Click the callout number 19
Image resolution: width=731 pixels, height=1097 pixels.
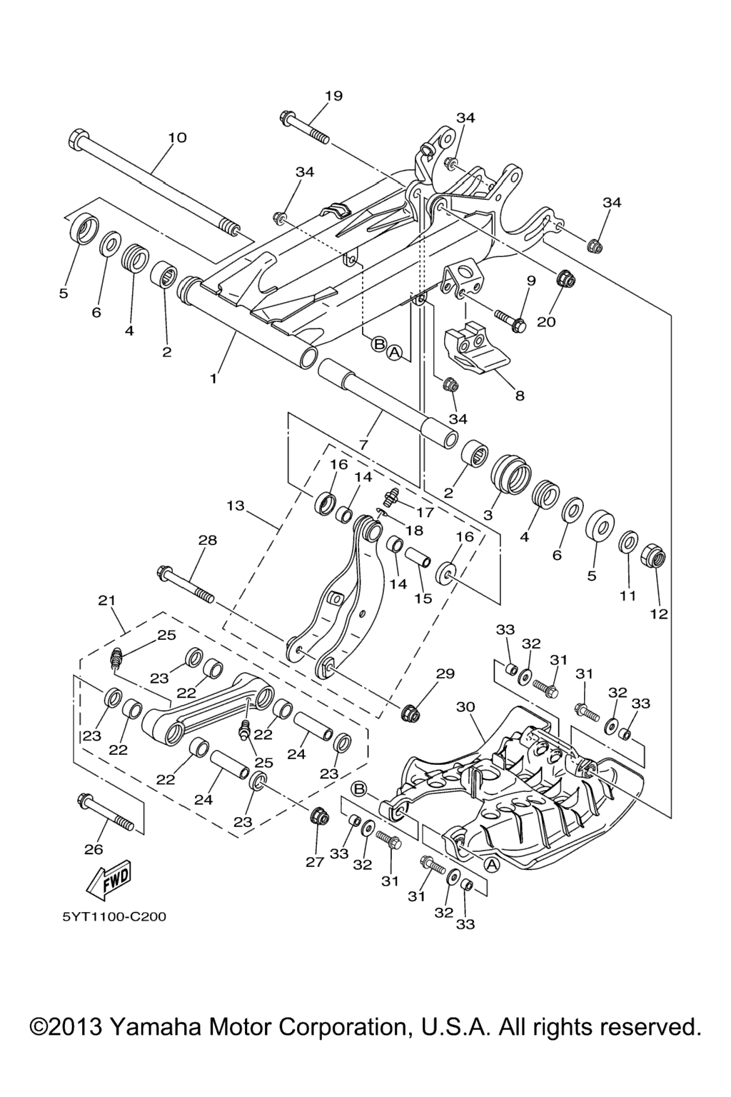(333, 96)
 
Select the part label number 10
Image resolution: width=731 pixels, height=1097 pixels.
(177, 137)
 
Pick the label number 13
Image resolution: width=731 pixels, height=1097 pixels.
(236, 506)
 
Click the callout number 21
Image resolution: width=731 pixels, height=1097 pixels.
(106, 601)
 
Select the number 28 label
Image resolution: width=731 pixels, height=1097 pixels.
(208, 541)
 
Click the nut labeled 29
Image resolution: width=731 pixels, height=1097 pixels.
(412, 712)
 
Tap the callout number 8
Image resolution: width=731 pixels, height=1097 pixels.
(520, 395)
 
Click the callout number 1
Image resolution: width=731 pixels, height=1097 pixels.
(213, 379)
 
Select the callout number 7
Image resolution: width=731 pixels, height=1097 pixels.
(363, 444)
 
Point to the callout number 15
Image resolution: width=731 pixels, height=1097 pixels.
(423, 598)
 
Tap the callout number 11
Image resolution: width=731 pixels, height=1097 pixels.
(627, 595)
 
